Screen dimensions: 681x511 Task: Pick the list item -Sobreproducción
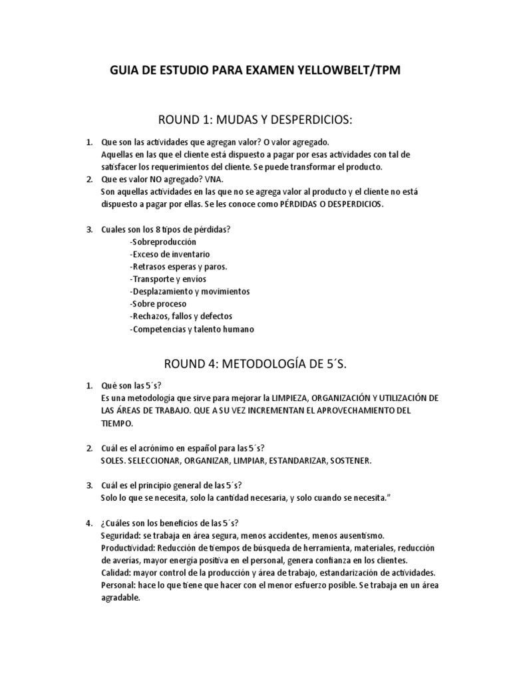[x=163, y=241]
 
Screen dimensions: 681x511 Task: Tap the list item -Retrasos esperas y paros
[x=178, y=267]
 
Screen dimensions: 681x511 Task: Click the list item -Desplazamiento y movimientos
[x=190, y=291]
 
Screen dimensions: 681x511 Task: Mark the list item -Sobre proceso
[x=158, y=304]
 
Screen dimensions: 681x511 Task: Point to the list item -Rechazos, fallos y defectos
[x=181, y=316]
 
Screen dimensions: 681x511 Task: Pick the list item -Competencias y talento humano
[x=192, y=329]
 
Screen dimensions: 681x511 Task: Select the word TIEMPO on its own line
[x=116, y=423]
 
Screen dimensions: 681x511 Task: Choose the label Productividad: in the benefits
[x=128, y=547]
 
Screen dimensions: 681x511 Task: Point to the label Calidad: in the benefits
[x=115, y=572]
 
